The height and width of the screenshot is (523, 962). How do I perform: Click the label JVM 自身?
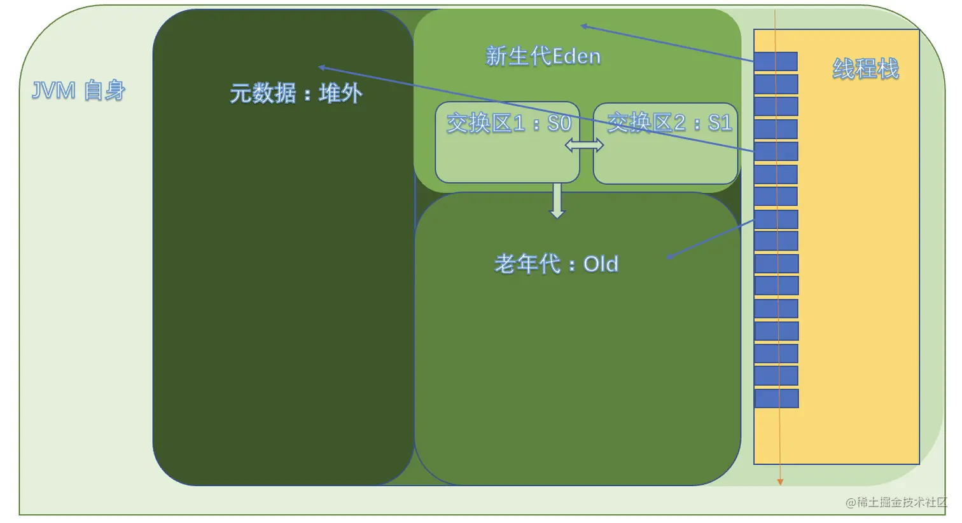point(79,92)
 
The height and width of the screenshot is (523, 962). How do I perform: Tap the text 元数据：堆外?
point(296,94)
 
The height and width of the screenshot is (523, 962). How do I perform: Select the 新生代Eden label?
point(543,57)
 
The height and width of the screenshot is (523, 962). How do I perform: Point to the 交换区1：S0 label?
point(508,123)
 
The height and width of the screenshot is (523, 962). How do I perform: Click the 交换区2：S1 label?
point(669,122)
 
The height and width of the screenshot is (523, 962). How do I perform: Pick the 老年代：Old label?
point(556,264)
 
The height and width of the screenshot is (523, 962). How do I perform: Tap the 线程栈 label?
point(865,69)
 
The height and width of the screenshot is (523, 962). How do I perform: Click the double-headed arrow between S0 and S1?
point(584,146)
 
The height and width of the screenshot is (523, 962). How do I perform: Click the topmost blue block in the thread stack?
point(776,62)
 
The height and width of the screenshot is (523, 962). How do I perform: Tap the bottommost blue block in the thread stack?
point(776,398)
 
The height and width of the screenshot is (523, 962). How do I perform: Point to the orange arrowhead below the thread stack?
point(780,482)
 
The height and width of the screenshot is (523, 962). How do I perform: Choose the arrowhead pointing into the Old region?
point(670,257)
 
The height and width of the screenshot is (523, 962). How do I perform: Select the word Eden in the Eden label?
point(576,57)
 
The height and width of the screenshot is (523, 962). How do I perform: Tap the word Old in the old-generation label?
point(601,264)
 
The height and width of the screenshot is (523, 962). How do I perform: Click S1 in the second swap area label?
point(720,122)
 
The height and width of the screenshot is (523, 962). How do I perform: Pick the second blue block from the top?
point(776,84)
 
